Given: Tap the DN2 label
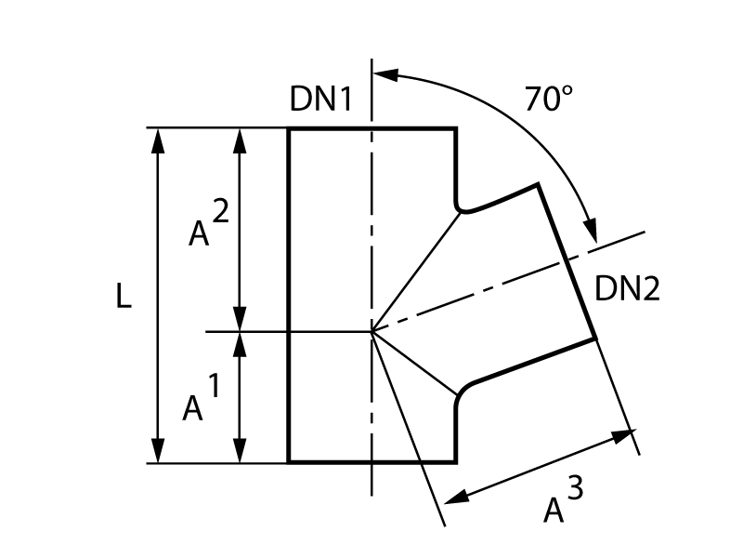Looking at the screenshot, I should click(x=627, y=289).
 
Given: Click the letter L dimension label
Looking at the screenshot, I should click(x=124, y=297).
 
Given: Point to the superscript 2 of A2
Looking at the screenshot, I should click(x=219, y=213).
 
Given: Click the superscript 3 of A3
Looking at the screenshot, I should click(x=576, y=489).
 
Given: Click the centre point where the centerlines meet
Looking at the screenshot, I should click(x=371, y=330).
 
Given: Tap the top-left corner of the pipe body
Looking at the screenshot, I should click(x=289, y=128).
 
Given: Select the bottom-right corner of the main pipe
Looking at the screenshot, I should click(x=455, y=461).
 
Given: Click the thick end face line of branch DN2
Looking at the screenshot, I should click(x=567, y=261).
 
